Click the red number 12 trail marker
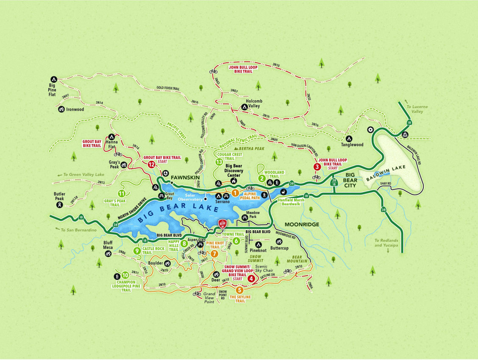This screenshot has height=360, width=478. coord(151,165)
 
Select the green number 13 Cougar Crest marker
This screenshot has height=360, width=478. coord(219,162)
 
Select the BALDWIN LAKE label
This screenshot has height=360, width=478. coord(379,174)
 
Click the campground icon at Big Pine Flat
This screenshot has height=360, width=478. coord(54,79)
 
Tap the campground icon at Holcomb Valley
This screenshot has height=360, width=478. coord(244,107)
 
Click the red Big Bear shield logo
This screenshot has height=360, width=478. coord(222,223)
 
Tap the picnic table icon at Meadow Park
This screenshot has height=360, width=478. coord(245,218)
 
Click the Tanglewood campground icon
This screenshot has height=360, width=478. coord(350,139)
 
